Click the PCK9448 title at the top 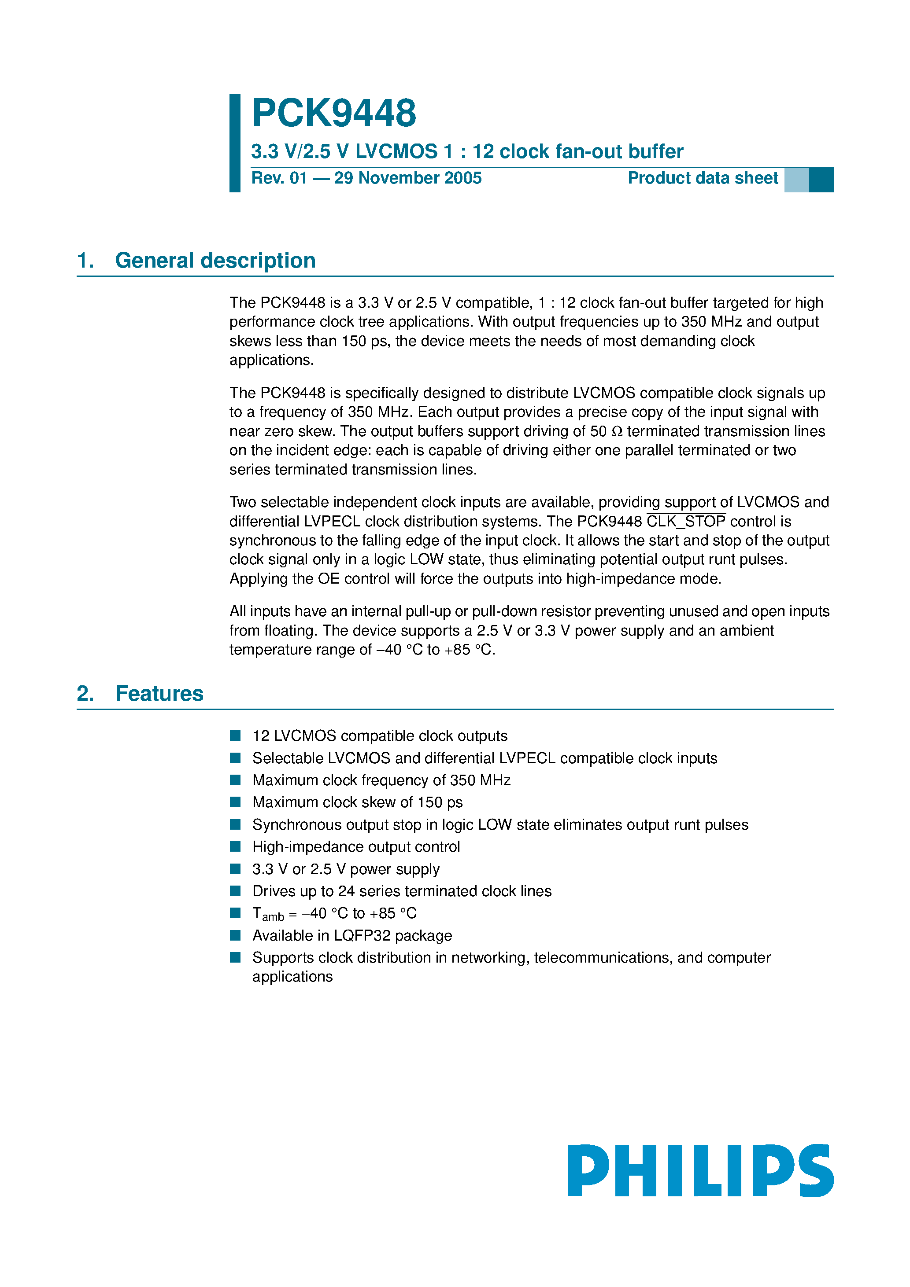point(334,113)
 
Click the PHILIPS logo point(700,1170)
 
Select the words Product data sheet point(703,178)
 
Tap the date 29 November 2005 point(408,178)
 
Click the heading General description point(215,261)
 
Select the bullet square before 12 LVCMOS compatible point(235,735)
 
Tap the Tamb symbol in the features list point(268,914)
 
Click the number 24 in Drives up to point(346,891)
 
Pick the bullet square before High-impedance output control point(235,846)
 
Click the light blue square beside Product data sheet point(796,180)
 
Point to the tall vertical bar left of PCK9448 point(234,143)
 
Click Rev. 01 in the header point(279,178)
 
